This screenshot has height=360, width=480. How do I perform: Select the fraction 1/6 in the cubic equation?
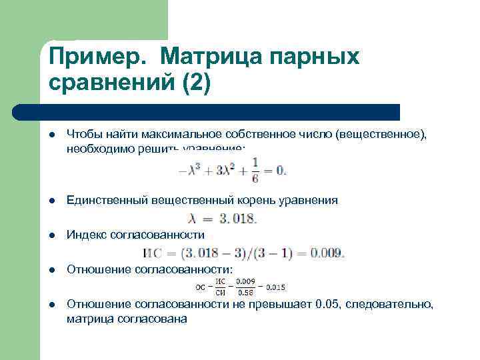pyautogui.click(x=255, y=170)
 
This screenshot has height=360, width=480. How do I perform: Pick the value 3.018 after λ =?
pyautogui.click(x=237, y=218)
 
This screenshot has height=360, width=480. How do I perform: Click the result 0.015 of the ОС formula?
pyautogui.click(x=275, y=287)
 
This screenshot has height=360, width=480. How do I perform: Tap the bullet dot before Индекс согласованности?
pyautogui.click(x=51, y=235)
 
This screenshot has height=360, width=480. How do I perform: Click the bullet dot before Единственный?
pyautogui.click(x=51, y=200)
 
